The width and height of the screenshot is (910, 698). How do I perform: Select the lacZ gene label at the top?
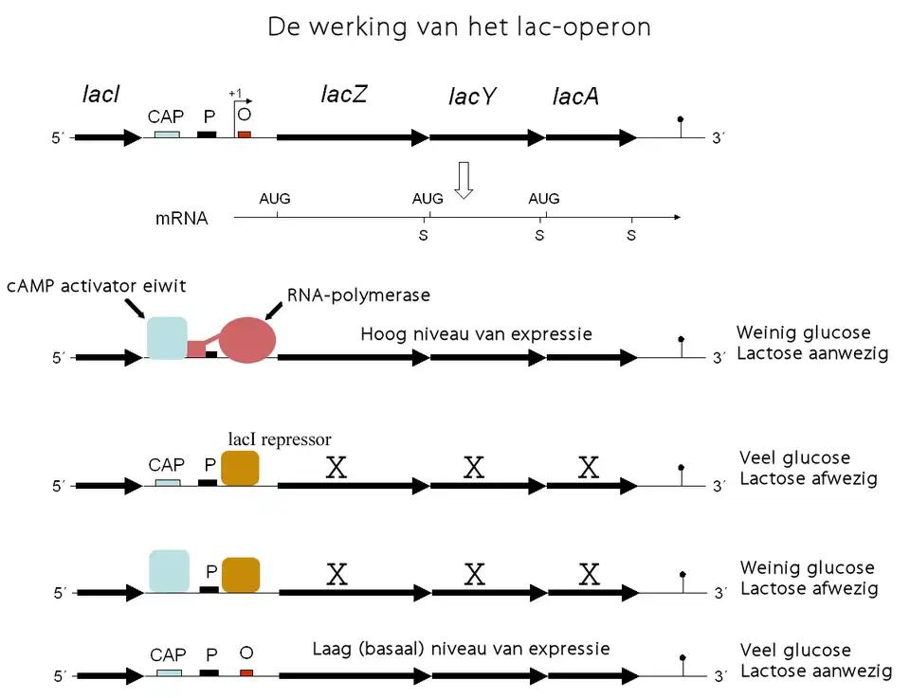click(344, 94)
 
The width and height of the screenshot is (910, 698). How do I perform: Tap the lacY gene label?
click(472, 97)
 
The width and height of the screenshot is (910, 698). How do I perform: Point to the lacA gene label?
click(575, 96)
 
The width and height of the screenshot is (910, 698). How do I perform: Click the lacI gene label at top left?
click(101, 94)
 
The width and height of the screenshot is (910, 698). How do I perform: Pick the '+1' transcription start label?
click(235, 94)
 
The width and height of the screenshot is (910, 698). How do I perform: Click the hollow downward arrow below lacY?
click(464, 180)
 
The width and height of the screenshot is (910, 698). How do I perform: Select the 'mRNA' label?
click(181, 218)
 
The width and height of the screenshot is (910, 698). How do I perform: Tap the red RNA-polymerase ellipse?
click(248, 339)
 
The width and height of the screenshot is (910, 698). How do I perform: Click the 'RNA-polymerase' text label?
click(359, 295)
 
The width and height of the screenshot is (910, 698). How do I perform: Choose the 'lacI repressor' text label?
click(280, 438)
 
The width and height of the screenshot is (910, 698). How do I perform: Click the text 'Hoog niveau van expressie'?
click(476, 334)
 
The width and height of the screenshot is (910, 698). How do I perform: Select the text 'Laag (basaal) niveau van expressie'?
click(461, 649)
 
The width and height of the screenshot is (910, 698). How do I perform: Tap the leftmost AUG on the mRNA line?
click(275, 199)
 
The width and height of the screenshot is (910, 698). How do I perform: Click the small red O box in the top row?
click(244, 135)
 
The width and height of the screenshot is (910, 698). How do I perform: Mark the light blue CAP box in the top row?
click(168, 136)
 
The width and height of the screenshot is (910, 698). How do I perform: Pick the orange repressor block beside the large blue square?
click(241, 574)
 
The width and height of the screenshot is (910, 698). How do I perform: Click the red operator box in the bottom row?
click(246, 672)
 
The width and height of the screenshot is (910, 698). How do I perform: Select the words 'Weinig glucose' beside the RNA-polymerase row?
click(803, 332)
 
